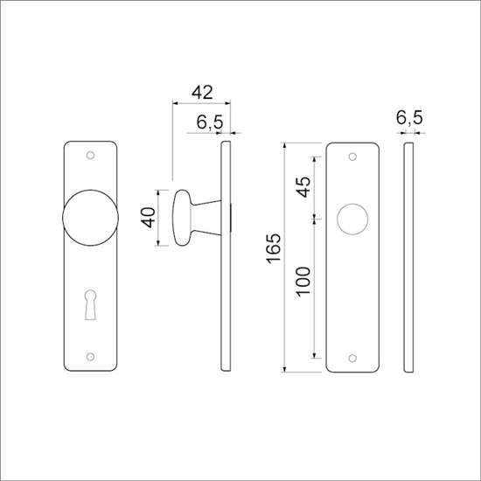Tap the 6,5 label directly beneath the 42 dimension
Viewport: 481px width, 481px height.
pyautogui.click(x=207, y=123)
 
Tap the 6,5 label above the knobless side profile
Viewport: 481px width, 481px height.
pyautogui.click(x=408, y=116)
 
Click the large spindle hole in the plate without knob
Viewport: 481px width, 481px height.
pyautogui.click(x=352, y=218)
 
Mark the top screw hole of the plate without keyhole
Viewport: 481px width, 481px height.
pyautogui.click(x=352, y=157)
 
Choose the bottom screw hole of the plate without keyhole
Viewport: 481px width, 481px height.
pyautogui.click(x=352, y=356)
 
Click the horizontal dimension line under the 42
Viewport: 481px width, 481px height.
pyautogui.click(x=202, y=104)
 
